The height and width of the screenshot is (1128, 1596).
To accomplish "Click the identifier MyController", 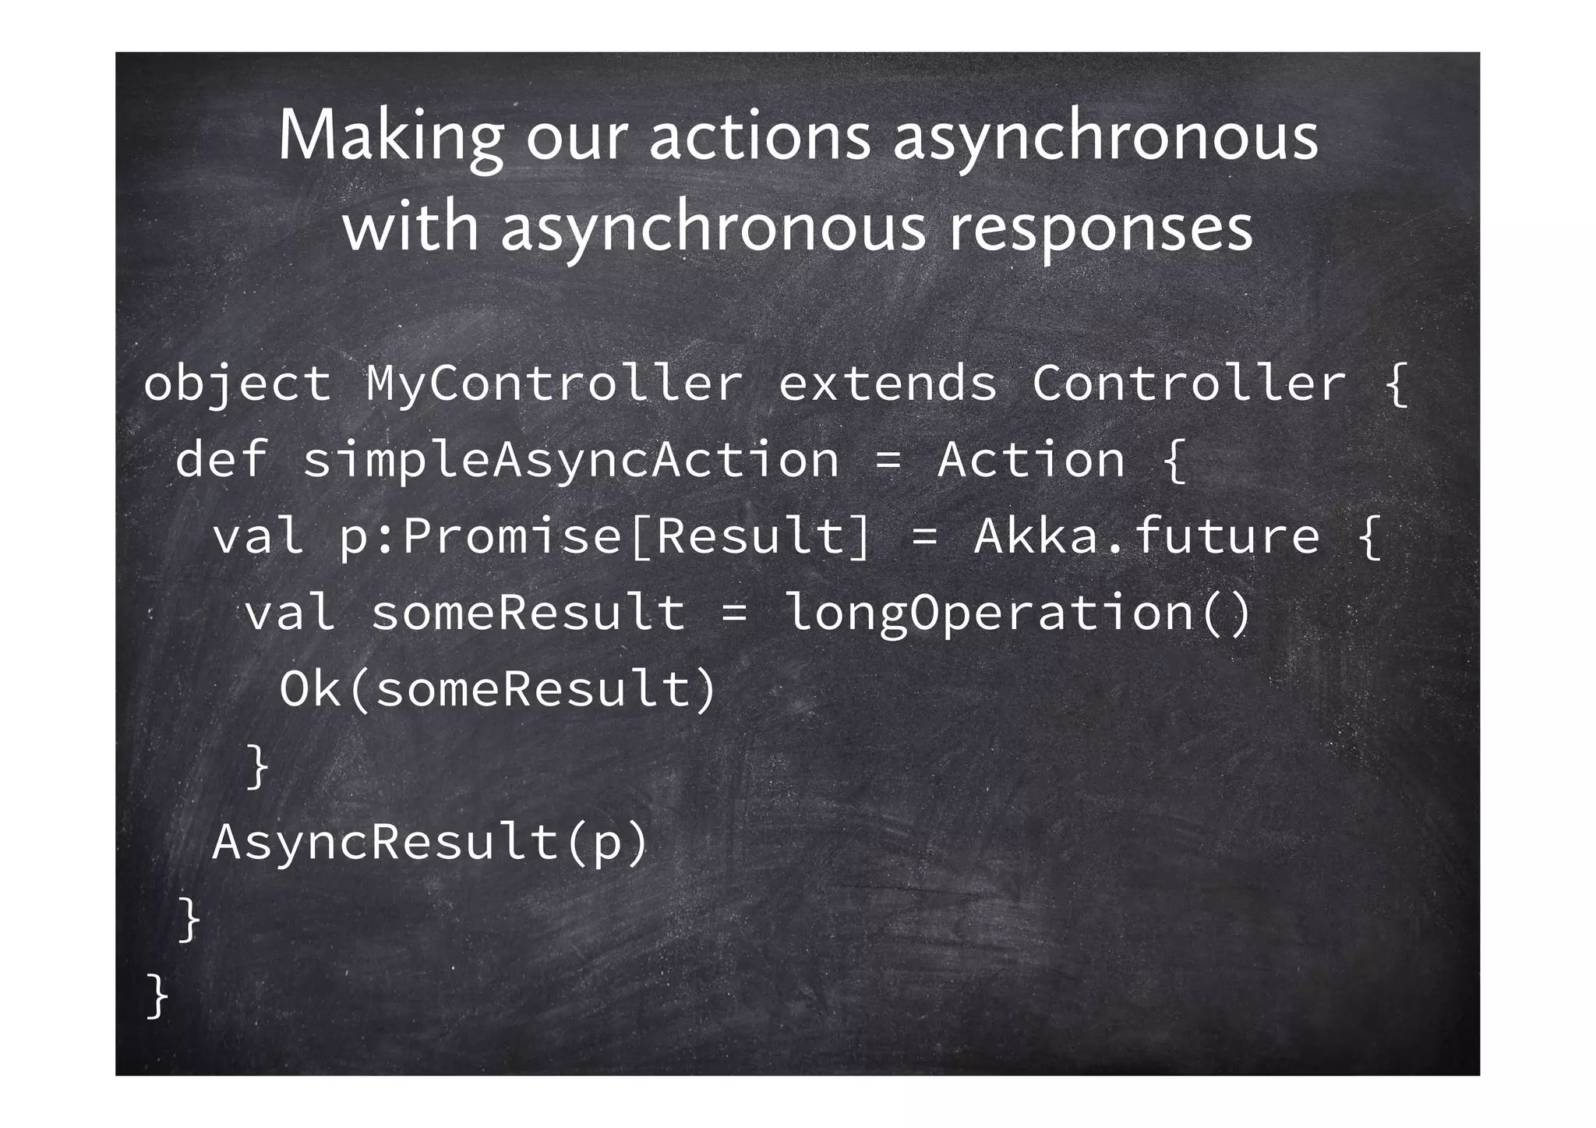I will [554, 384].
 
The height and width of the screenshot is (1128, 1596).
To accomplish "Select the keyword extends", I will [888, 384].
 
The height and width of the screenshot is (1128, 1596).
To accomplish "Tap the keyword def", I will [222, 459].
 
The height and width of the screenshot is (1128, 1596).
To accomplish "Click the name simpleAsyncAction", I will [571, 459].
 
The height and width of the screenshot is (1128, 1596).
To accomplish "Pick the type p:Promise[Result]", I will [605, 536].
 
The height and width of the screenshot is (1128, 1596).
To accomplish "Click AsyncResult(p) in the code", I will [430, 843].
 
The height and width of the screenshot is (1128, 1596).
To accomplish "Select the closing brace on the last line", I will [157, 996].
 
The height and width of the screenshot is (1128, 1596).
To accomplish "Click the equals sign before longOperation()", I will [734, 612].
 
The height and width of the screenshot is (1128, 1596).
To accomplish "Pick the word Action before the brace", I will [1031, 459].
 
